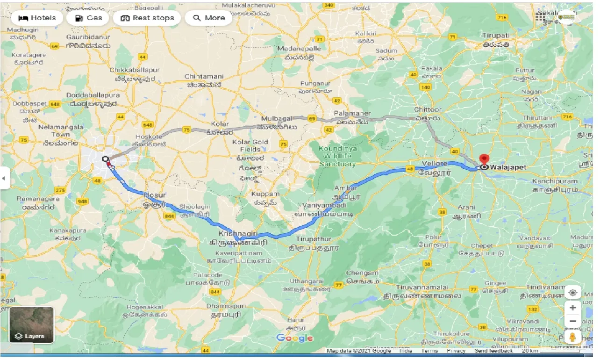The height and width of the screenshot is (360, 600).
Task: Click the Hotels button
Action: click(37, 18)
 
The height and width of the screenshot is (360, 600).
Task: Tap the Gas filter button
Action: click(88, 18)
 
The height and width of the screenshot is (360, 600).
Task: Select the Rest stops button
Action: click(147, 18)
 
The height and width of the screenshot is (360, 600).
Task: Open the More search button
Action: click(208, 18)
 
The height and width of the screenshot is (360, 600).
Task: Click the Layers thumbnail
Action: click(31, 324)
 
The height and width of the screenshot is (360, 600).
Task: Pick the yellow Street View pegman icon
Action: click(573, 337)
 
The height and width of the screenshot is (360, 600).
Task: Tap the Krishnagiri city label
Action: click(236, 233)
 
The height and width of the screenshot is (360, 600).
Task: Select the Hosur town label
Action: click(155, 194)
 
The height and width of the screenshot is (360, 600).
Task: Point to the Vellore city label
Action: click(435, 163)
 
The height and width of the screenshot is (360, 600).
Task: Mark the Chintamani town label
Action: click(204, 76)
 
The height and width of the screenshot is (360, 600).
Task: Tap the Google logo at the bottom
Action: click(294, 338)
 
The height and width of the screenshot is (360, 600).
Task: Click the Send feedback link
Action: click(493, 351)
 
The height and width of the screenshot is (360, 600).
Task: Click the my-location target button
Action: click(573, 293)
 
